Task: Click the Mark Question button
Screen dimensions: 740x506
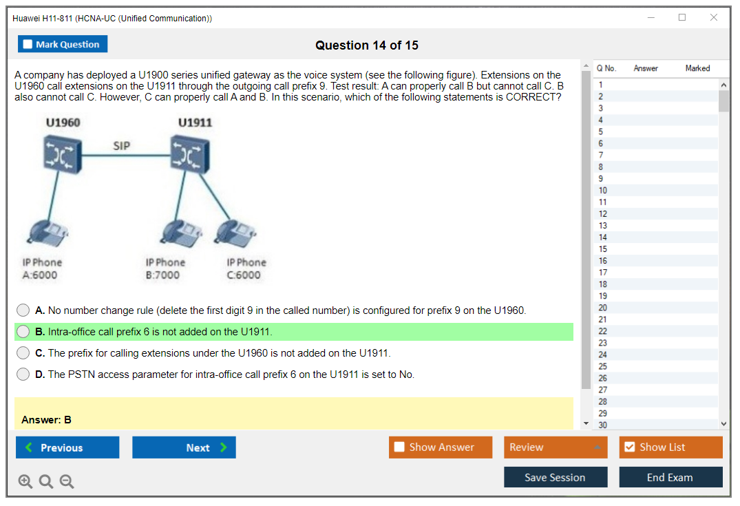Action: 63,44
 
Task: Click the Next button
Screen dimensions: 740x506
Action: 184,447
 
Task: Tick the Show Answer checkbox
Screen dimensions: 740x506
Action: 399,447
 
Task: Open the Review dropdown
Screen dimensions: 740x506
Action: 556,447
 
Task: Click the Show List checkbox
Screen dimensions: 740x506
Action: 630,447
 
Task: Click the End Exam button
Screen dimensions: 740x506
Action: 670,477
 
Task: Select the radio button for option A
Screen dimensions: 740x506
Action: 23,310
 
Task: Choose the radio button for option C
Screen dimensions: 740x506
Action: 23,352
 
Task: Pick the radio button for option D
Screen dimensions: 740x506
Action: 23,375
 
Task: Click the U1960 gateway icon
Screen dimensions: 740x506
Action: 62,154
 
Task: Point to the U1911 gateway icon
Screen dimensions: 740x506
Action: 190,154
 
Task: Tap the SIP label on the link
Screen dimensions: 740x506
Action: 121,146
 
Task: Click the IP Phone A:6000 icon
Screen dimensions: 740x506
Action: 47,233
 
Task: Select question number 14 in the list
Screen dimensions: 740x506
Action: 602,238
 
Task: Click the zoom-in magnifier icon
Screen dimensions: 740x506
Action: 25,481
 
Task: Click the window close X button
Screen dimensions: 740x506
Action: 714,17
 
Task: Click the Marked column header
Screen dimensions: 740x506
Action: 697,68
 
